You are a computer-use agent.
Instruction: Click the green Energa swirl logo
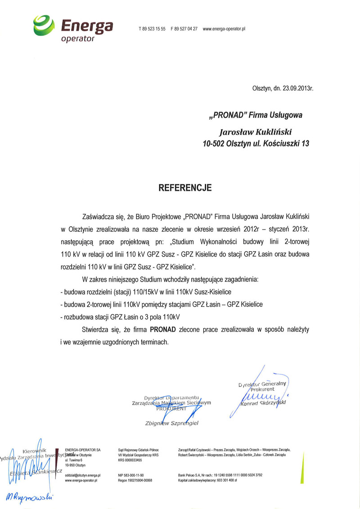coord(45,25)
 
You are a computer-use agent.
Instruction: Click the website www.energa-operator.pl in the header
coord(224,29)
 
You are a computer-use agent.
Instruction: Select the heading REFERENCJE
coord(185,188)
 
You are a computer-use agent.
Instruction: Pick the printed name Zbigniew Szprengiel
coord(172,423)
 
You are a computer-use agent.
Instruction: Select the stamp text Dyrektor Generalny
coord(263,384)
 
